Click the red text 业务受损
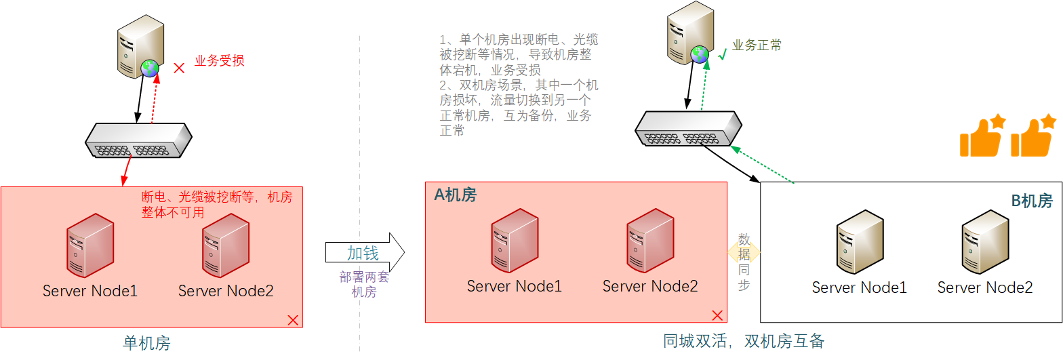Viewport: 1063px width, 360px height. (x=219, y=60)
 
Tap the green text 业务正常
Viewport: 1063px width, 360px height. (x=757, y=45)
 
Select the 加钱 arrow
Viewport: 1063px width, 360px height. (x=365, y=252)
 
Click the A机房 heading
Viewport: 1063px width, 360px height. (x=455, y=195)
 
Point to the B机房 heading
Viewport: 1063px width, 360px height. (x=1032, y=201)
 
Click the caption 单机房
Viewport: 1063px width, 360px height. (x=146, y=343)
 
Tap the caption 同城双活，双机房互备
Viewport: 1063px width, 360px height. (x=744, y=341)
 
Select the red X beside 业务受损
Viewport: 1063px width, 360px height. (x=179, y=68)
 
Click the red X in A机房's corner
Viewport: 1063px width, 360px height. (x=717, y=315)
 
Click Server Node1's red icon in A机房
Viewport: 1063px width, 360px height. (x=515, y=241)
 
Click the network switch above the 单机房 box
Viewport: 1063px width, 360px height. (x=138, y=140)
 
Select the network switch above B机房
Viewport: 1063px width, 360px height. (x=687, y=128)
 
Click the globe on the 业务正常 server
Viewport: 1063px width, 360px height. (x=699, y=54)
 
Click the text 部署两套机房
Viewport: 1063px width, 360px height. (x=364, y=285)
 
